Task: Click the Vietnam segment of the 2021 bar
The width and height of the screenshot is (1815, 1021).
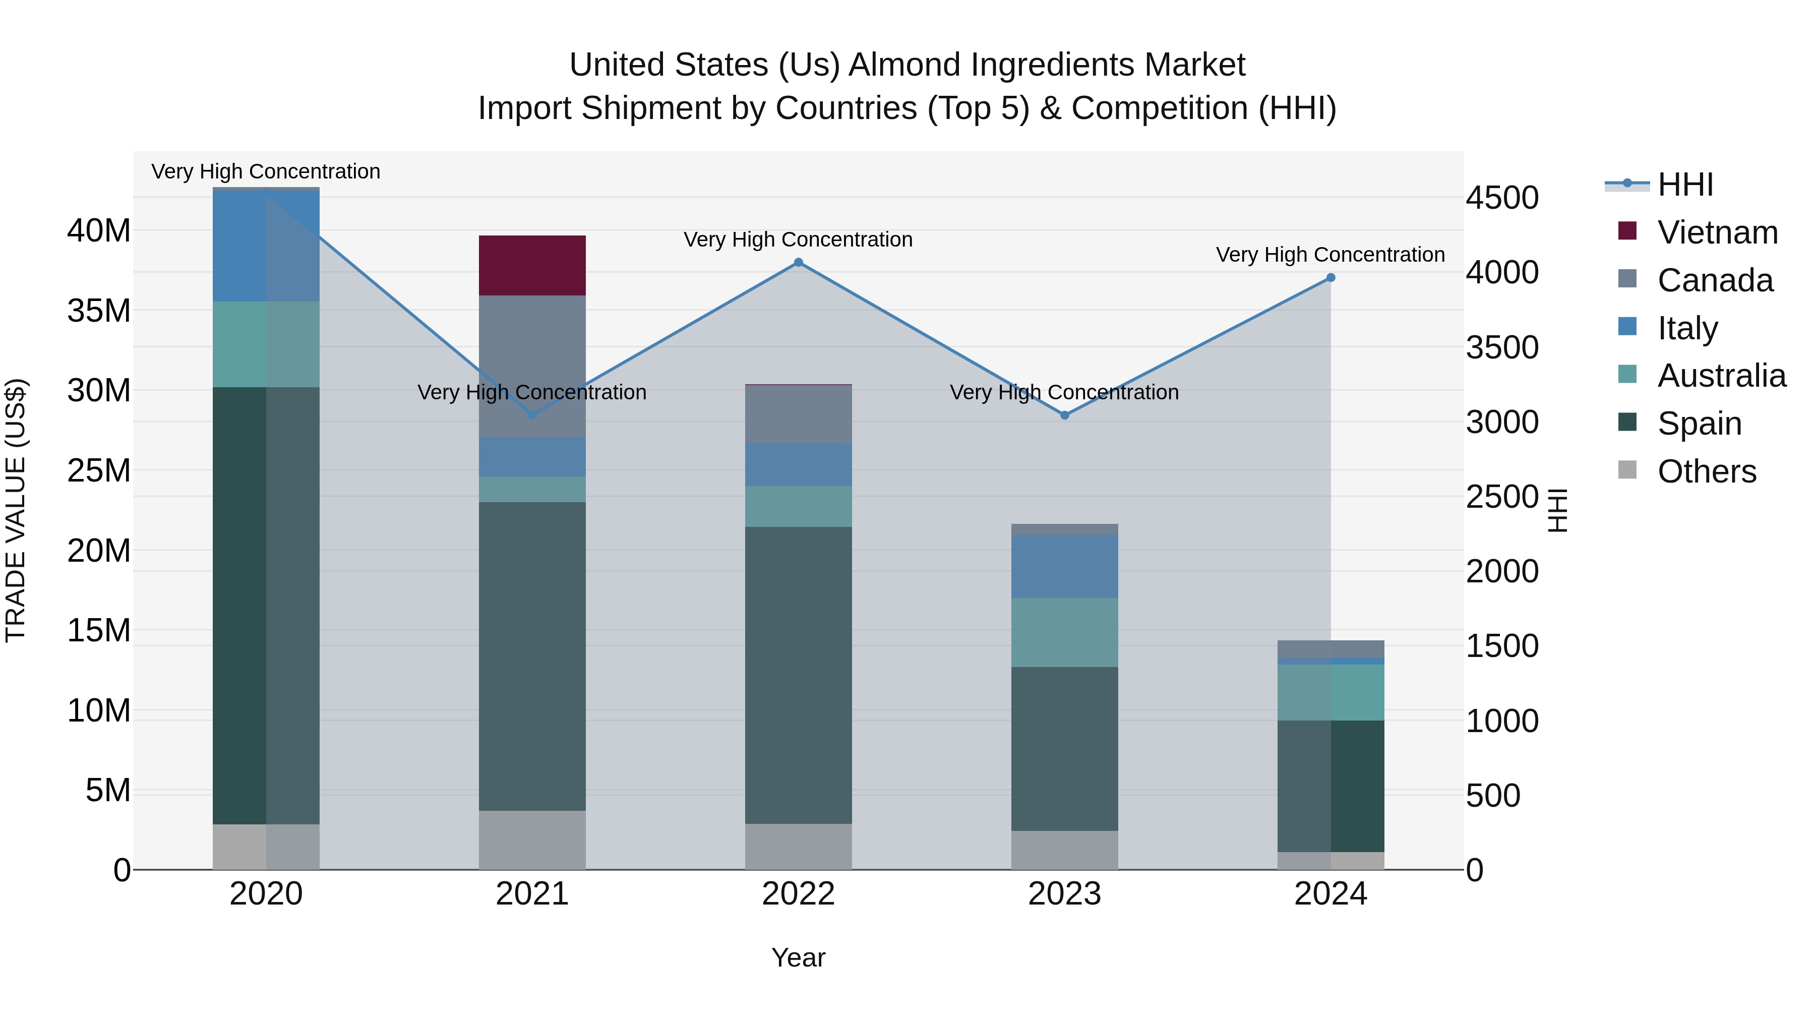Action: click(532, 266)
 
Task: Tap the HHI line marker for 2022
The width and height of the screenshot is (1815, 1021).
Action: click(798, 263)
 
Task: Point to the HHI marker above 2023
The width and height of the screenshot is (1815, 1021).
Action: click(1065, 416)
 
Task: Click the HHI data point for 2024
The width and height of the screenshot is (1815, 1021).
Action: click(1331, 278)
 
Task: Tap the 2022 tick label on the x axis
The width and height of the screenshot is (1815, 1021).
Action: click(798, 894)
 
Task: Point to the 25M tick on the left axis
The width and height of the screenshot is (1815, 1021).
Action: click(99, 470)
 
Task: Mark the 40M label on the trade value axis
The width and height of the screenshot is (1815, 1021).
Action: click(99, 230)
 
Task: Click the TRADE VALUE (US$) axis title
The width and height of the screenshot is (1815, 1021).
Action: click(16, 510)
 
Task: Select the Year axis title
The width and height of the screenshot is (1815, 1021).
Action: click(798, 957)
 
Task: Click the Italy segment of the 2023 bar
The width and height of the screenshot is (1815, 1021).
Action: click(1065, 567)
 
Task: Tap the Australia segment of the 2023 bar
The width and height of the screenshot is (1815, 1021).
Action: click(1065, 632)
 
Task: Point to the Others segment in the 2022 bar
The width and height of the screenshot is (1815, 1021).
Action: click(798, 846)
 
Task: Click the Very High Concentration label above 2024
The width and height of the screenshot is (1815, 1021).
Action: click(1330, 255)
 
